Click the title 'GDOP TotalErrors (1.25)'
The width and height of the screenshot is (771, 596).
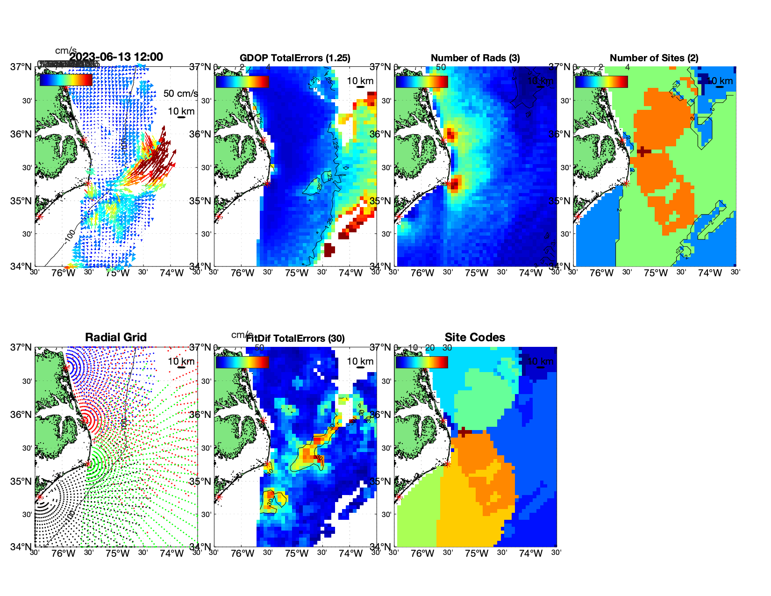[295, 58]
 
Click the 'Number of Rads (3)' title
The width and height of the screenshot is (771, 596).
[475, 58]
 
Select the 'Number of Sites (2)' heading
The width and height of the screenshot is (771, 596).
[654, 58]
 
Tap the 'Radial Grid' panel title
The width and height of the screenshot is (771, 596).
[116, 337]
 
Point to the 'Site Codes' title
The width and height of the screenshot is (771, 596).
[475, 337]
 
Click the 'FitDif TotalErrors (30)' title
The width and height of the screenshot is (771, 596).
[295, 338]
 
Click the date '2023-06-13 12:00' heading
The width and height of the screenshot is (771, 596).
[116, 57]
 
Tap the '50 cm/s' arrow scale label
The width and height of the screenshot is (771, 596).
[180, 93]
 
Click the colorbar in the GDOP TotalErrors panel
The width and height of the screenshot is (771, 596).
[243, 81]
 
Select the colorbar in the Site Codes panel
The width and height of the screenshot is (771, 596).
[421, 362]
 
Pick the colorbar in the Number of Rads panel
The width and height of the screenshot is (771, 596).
[421, 81]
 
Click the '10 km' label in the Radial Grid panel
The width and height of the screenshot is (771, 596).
[181, 361]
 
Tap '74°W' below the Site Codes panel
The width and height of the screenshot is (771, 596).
[530, 553]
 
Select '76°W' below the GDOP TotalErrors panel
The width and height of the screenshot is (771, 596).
[243, 273]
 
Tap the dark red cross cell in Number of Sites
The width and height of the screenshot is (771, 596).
[643, 151]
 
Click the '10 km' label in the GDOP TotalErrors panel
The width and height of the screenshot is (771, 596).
[360, 81]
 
